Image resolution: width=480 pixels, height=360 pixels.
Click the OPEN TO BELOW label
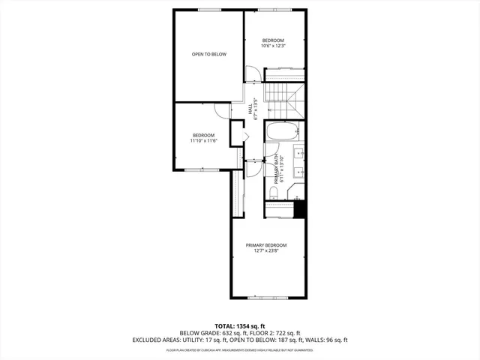click(x=208, y=54)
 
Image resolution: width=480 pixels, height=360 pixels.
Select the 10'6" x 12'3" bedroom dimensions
click(x=273, y=46)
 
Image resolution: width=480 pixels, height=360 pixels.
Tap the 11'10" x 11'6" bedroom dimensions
click(x=202, y=141)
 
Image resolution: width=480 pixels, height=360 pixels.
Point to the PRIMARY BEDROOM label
click(x=266, y=245)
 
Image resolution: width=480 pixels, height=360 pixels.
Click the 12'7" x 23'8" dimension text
click(x=266, y=251)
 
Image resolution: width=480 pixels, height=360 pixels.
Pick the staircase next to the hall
click(x=286, y=100)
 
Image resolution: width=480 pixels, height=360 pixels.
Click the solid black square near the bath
click(x=300, y=210)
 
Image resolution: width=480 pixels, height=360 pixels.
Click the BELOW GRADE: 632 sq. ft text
click(x=208, y=332)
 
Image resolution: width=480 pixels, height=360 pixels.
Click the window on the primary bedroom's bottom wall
click(x=268, y=298)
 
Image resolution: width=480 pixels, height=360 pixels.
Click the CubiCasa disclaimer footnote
click(x=240, y=349)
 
